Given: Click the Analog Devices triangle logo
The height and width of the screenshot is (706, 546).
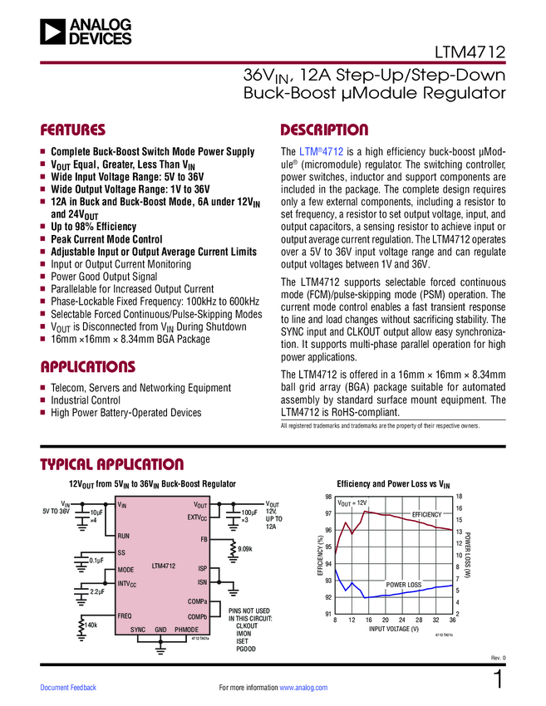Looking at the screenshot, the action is (x=52, y=32).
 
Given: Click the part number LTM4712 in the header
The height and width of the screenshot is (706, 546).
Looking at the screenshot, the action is (x=470, y=52).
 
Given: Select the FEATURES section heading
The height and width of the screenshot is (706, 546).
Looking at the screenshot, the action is (x=72, y=130).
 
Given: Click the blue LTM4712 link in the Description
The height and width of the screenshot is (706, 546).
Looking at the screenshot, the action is (x=322, y=151).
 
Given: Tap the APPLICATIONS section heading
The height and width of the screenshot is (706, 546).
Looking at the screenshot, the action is (x=88, y=366).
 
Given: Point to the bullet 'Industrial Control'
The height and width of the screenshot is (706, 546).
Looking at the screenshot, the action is (x=86, y=400).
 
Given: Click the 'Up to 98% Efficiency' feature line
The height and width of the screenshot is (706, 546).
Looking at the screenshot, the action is (x=93, y=227).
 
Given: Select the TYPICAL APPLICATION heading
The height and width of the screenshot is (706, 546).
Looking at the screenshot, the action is (x=111, y=464).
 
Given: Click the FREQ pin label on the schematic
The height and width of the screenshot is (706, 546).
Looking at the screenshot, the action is (x=125, y=616).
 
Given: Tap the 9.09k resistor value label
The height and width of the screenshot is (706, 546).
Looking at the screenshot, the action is (x=245, y=549).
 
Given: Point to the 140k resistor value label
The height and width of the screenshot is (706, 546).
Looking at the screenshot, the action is (x=91, y=625).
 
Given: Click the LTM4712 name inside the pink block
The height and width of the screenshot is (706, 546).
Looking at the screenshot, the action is (x=164, y=566).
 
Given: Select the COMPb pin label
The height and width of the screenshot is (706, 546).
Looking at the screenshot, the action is (x=197, y=617).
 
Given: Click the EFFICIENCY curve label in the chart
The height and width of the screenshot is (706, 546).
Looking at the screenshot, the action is (x=426, y=515).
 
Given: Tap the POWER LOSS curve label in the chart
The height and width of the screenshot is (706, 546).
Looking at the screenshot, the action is (x=404, y=585).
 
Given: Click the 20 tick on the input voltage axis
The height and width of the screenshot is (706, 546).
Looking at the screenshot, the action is (x=385, y=620).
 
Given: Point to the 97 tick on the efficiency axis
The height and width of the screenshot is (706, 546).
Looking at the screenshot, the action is (x=328, y=513).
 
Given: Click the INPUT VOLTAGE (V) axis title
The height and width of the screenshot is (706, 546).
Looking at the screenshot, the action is (x=394, y=629).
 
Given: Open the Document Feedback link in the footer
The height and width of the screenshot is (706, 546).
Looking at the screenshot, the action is (x=68, y=688).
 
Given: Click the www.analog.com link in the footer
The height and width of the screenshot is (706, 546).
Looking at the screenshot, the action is (x=303, y=688).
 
